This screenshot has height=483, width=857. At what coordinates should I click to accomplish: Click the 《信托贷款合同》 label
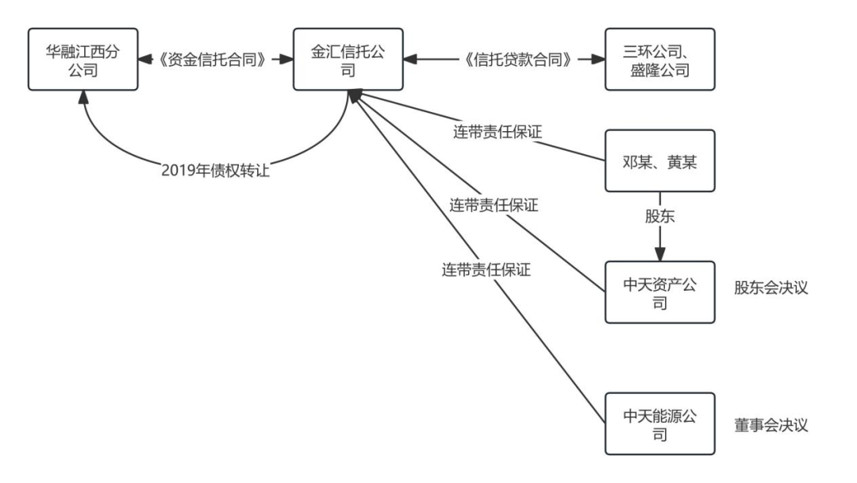[x=517, y=59]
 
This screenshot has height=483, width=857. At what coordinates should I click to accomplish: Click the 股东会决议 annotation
[x=771, y=287]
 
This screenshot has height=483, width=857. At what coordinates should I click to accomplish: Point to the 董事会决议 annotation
[x=771, y=424]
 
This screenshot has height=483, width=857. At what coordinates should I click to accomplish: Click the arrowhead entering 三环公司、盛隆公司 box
[x=598, y=59]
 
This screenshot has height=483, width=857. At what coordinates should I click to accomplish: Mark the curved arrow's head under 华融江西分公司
[x=83, y=97]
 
